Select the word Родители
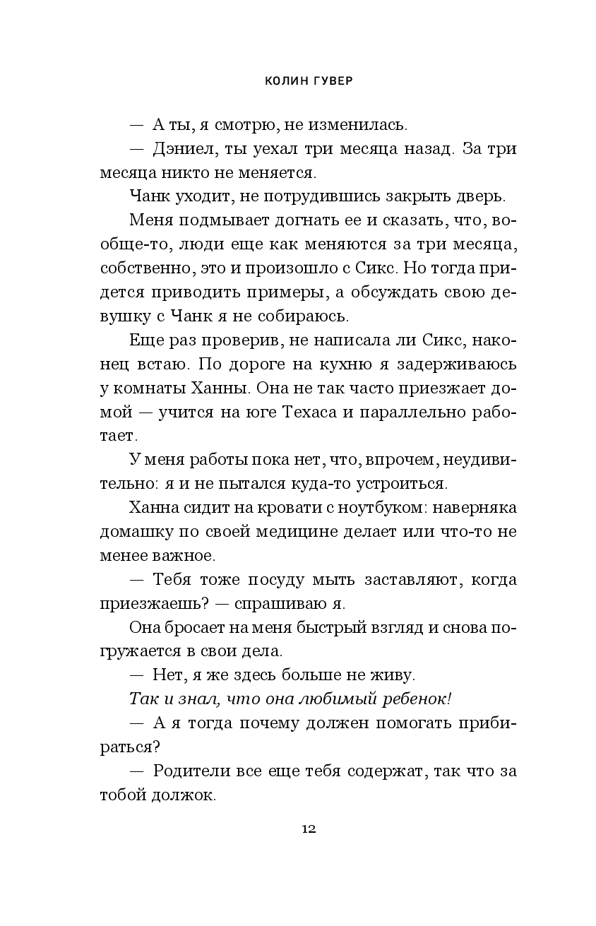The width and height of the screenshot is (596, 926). point(194,771)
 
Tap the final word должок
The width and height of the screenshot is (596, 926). point(184,795)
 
